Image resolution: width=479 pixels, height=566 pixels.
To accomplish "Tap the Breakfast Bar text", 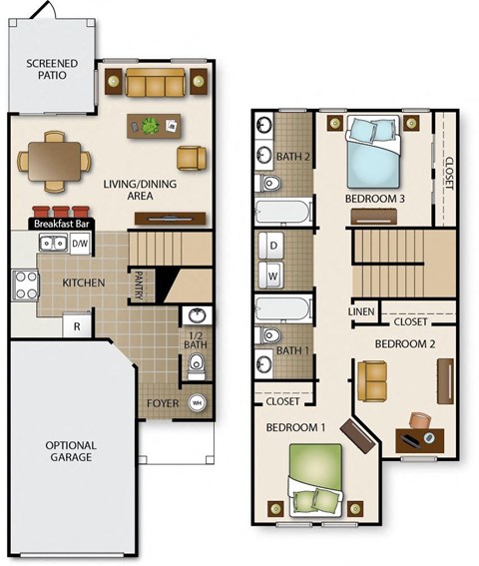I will pyautogui.click(x=62, y=225).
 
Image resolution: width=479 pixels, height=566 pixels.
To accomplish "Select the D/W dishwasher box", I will pyautogui.click(x=80, y=244).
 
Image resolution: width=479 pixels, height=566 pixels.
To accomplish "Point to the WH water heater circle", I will pyautogui.click(x=197, y=402).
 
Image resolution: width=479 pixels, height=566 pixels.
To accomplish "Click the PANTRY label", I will pyautogui.click(x=139, y=285).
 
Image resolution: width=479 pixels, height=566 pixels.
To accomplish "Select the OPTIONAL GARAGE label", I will pyautogui.click(x=70, y=451).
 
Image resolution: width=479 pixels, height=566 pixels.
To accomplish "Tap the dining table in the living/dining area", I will pyautogui.click(x=51, y=159).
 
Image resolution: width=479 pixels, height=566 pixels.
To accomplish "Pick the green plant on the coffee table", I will pyautogui.click(x=151, y=126).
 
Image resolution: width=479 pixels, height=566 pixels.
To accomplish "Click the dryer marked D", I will pyautogui.click(x=272, y=246).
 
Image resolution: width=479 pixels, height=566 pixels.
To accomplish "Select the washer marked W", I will pyautogui.click(x=272, y=274).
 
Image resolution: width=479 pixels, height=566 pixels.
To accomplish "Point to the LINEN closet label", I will pyautogui.click(x=361, y=312).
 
